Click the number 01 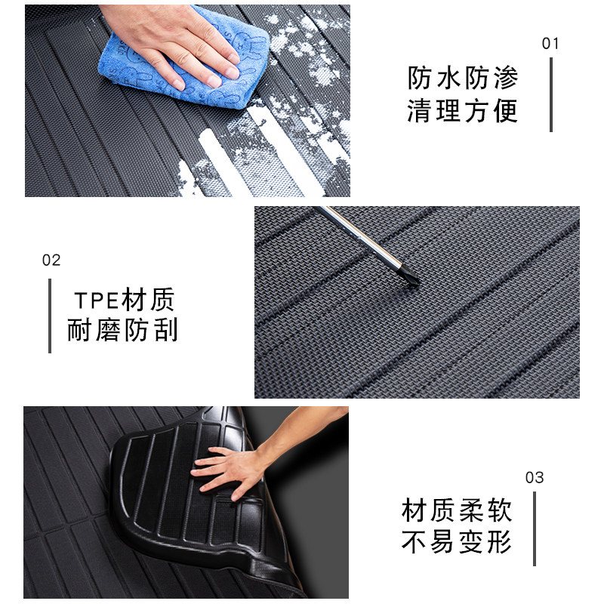(x=550, y=44)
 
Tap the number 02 (x=51, y=260)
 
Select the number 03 (x=535, y=478)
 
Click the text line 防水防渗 (x=463, y=79)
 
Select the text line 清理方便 (x=463, y=110)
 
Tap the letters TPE (x=97, y=300)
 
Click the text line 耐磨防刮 (x=122, y=330)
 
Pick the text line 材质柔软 (x=457, y=510)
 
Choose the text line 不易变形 (x=457, y=542)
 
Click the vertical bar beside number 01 (x=551, y=95)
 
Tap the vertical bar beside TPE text (x=50, y=316)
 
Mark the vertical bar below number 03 (x=535, y=529)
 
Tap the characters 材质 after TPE (x=148, y=300)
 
